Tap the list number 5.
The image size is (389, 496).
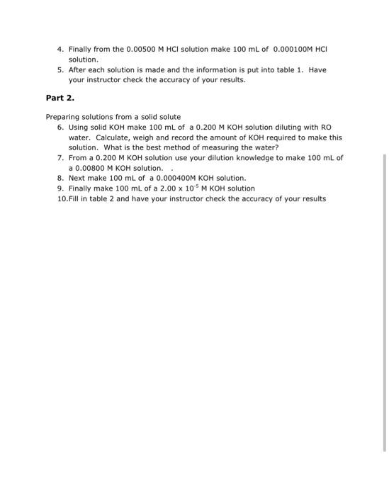point(60,70)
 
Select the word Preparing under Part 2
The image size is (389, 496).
point(64,116)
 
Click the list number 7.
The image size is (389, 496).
point(60,157)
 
